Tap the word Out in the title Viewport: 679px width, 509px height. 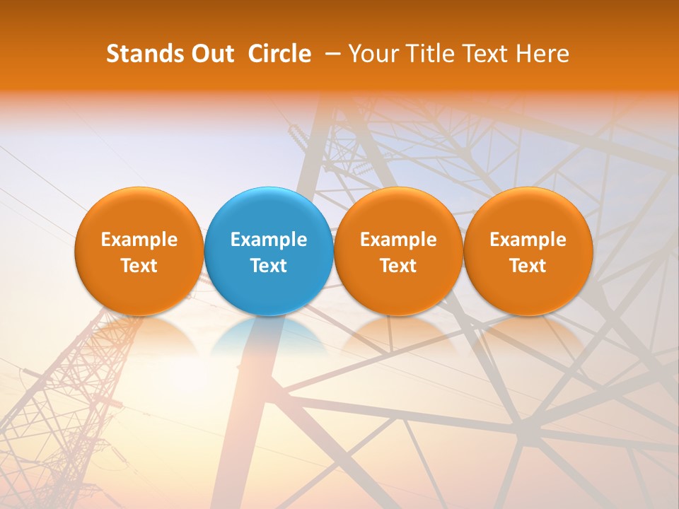tap(213, 54)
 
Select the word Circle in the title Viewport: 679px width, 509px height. tap(279, 54)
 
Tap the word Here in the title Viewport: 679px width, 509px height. tap(542, 54)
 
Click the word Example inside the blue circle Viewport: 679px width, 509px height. tap(269, 240)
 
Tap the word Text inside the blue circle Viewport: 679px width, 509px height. tap(269, 266)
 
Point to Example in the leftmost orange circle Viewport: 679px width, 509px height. tap(139, 240)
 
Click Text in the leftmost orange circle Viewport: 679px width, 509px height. tap(139, 266)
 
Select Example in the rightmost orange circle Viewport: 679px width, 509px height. tap(528, 240)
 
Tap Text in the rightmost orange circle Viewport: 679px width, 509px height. tap(528, 266)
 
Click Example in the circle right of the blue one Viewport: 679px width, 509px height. tap(398, 240)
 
